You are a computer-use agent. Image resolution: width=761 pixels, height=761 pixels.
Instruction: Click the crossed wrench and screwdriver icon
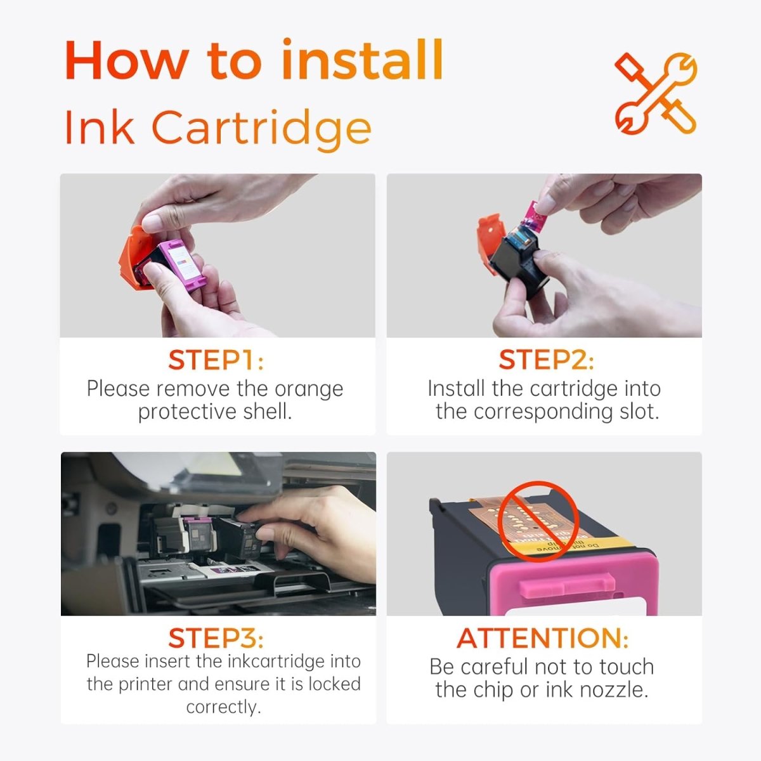pyautogui.click(x=655, y=93)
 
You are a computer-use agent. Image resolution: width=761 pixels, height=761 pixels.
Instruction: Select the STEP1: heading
pyautogui.click(x=216, y=360)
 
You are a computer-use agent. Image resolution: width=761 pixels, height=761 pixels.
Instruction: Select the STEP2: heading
pyautogui.click(x=546, y=360)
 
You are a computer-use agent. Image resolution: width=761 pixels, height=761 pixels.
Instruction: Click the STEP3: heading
pyautogui.click(x=216, y=638)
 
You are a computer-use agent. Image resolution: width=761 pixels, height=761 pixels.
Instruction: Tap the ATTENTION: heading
pyautogui.click(x=542, y=638)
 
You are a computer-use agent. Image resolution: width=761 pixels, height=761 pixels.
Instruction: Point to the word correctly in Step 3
pyautogui.click(x=223, y=706)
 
